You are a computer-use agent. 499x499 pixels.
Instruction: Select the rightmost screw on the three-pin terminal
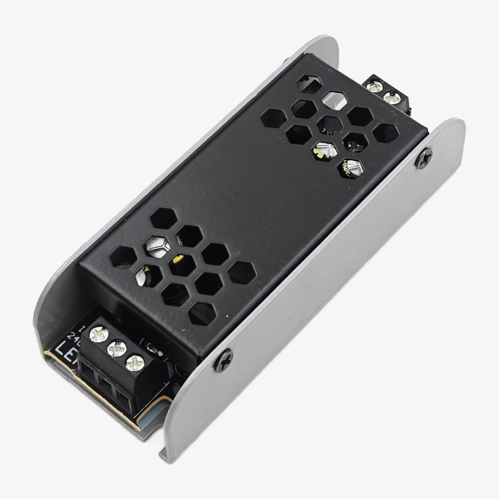pyautogui.click(x=133, y=363)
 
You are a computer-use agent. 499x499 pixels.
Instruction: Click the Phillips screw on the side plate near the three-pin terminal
pyautogui.click(x=223, y=361)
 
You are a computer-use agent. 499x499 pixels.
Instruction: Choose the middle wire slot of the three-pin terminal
pyautogui.click(x=106, y=384)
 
